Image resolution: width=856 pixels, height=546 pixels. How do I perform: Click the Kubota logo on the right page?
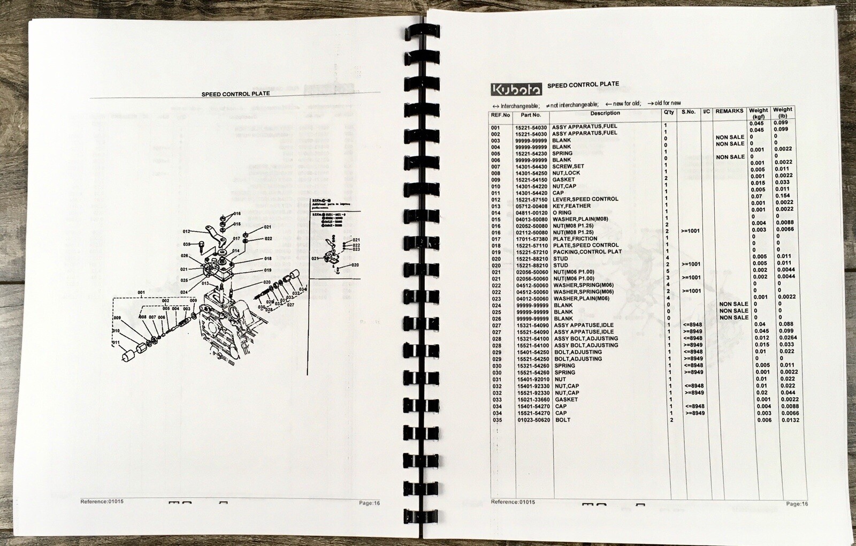click(x=516, y=89)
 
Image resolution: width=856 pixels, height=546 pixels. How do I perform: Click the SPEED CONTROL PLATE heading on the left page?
click(x=235, y=94)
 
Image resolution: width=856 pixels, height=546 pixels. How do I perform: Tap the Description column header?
click(x=605, y=113)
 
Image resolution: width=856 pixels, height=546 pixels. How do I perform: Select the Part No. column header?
click(x=531, y=115)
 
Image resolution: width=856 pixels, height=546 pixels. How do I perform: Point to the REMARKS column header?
click(x=729, y=111)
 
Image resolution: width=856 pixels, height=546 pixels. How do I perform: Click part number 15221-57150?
click(x=531, y=200)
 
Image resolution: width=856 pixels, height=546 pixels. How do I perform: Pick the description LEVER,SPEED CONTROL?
click(x=585, y=199)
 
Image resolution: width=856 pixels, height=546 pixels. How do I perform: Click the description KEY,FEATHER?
click(x=571, y=206)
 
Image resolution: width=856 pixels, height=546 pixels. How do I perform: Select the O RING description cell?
click(x=562, y=213)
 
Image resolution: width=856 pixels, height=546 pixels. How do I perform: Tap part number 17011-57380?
click(x=532, y=239)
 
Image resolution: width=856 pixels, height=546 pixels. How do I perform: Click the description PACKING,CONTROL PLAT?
click(x=587, y=252)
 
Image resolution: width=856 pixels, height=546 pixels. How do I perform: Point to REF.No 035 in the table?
click(x=498, y=420)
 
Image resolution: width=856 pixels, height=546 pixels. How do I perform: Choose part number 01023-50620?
click(x=533, y=420)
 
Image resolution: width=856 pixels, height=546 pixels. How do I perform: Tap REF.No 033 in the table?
click(x=498, y=400)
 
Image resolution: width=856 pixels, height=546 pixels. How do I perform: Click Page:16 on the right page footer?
click(x=797, y=504)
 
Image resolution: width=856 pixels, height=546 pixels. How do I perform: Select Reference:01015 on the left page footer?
click(x=102, y=502)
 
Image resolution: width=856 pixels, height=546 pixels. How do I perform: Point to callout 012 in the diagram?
click(x=186, y=232)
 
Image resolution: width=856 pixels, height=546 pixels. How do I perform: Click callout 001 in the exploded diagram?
click(x=141, y=293)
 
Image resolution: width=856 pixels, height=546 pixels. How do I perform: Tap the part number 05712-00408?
click(x=531, y=206)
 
